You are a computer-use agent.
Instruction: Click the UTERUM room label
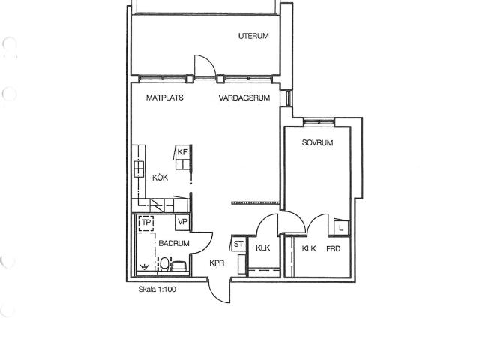point(253,36)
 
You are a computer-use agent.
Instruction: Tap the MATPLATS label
point(165,97)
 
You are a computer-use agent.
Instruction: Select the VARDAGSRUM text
point(244,98)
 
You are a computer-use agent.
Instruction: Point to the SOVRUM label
point(317,142)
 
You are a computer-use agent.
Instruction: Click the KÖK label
point(160,178)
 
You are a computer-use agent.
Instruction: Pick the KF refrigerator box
point(183,157)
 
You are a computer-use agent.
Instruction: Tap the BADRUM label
point(174,243)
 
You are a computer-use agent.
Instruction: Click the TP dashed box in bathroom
point(146,223)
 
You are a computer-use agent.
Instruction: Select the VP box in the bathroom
point(182,222)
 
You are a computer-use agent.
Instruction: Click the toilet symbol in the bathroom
point(164,264)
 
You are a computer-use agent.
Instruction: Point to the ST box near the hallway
point(238,244)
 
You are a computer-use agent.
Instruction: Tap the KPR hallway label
point(217,263)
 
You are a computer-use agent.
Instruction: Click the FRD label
point(333,248)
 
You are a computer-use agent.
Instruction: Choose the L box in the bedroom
point(341,228)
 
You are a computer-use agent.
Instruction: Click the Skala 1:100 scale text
point(157,289)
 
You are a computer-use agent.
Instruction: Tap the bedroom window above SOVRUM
point(319,122)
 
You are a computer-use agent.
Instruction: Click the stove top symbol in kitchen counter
point(139,169)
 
